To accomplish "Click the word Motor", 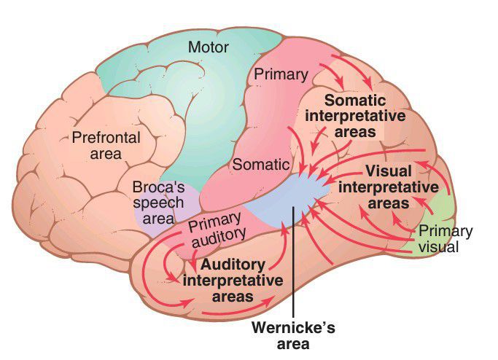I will [209, 48].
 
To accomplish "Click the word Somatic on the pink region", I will [260, 165].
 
